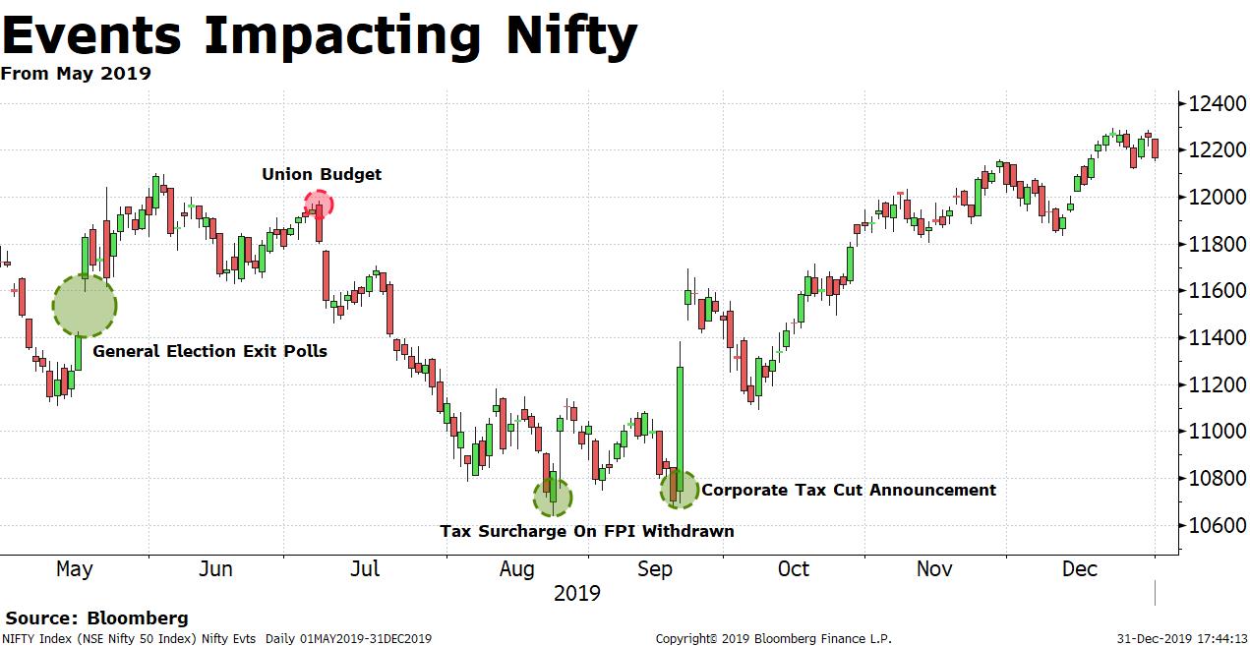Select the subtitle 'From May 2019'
[x=76, y=74]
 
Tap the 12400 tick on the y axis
[x=1217, y=103]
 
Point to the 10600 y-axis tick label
[x=1217, y=525]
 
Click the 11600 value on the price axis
[x=1217, y=291]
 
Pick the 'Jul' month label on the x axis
[x=365, y=568]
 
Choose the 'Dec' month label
[x=1080, y=568]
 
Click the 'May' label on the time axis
[x=75, y=568]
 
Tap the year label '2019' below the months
[x=576, y=593]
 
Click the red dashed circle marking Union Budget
[x=319, y=205]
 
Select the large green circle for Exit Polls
[x=85, y=306]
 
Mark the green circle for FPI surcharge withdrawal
[x=552, y=497]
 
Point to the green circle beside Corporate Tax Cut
[x=679, y=489]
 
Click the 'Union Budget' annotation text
[x=322, y=174]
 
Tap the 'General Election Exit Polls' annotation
[x=209, y=351]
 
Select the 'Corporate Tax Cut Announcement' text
[x=849, y=490]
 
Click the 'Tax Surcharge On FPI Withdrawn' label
[x=586, y=531]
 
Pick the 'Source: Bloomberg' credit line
[x=97, y=618]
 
